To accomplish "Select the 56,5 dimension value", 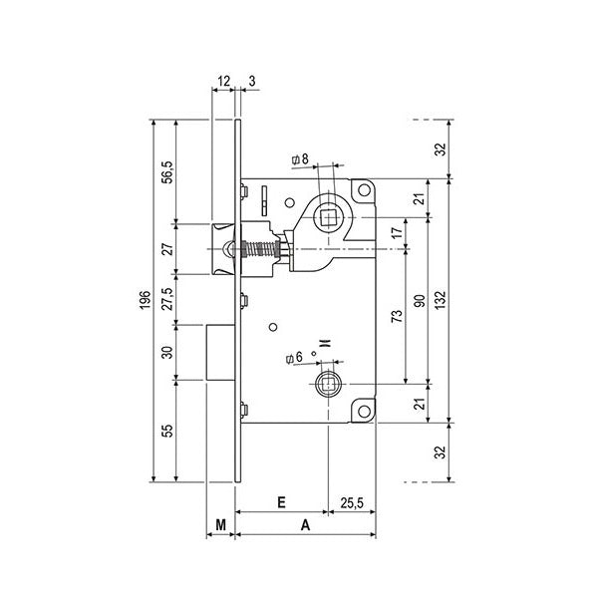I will click(x=167, y=170).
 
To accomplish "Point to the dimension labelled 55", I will click(x=167, y=431).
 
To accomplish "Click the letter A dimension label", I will click(x=305, y=522).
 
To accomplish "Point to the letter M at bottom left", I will click(x=221, y=522).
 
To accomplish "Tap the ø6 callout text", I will click(x=294, y=357).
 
